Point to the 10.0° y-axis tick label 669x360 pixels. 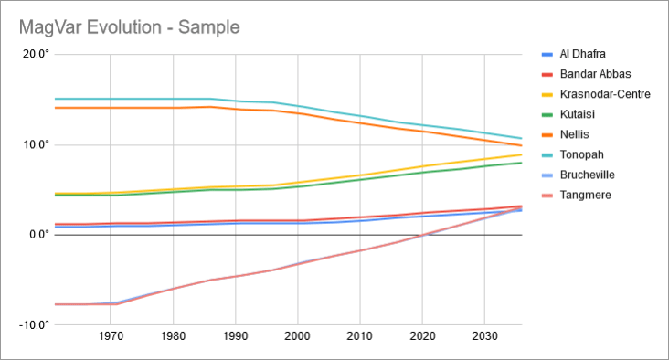tap(35, 145)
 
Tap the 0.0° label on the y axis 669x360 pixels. tap(37, 235)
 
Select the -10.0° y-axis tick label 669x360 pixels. tap(33, 325)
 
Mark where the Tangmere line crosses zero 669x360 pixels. tap(422, 235)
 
